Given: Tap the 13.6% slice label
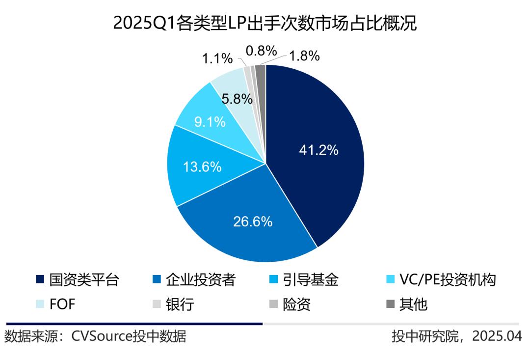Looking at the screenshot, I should point(202,166).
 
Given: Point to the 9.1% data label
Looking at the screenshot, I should point(210,121).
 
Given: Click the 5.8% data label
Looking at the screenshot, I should point(237,98).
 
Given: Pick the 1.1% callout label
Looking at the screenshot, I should point(217,58).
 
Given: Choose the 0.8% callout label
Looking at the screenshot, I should point(262,51).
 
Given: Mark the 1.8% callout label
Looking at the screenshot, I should point(304,56).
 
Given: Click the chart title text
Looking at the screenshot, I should point(265,23).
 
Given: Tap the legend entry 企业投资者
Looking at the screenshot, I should point(201,280).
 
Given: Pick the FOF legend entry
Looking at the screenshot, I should point(62,305).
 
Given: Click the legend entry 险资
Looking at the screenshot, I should point(296,305).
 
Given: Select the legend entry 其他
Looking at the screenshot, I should point(413,305).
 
